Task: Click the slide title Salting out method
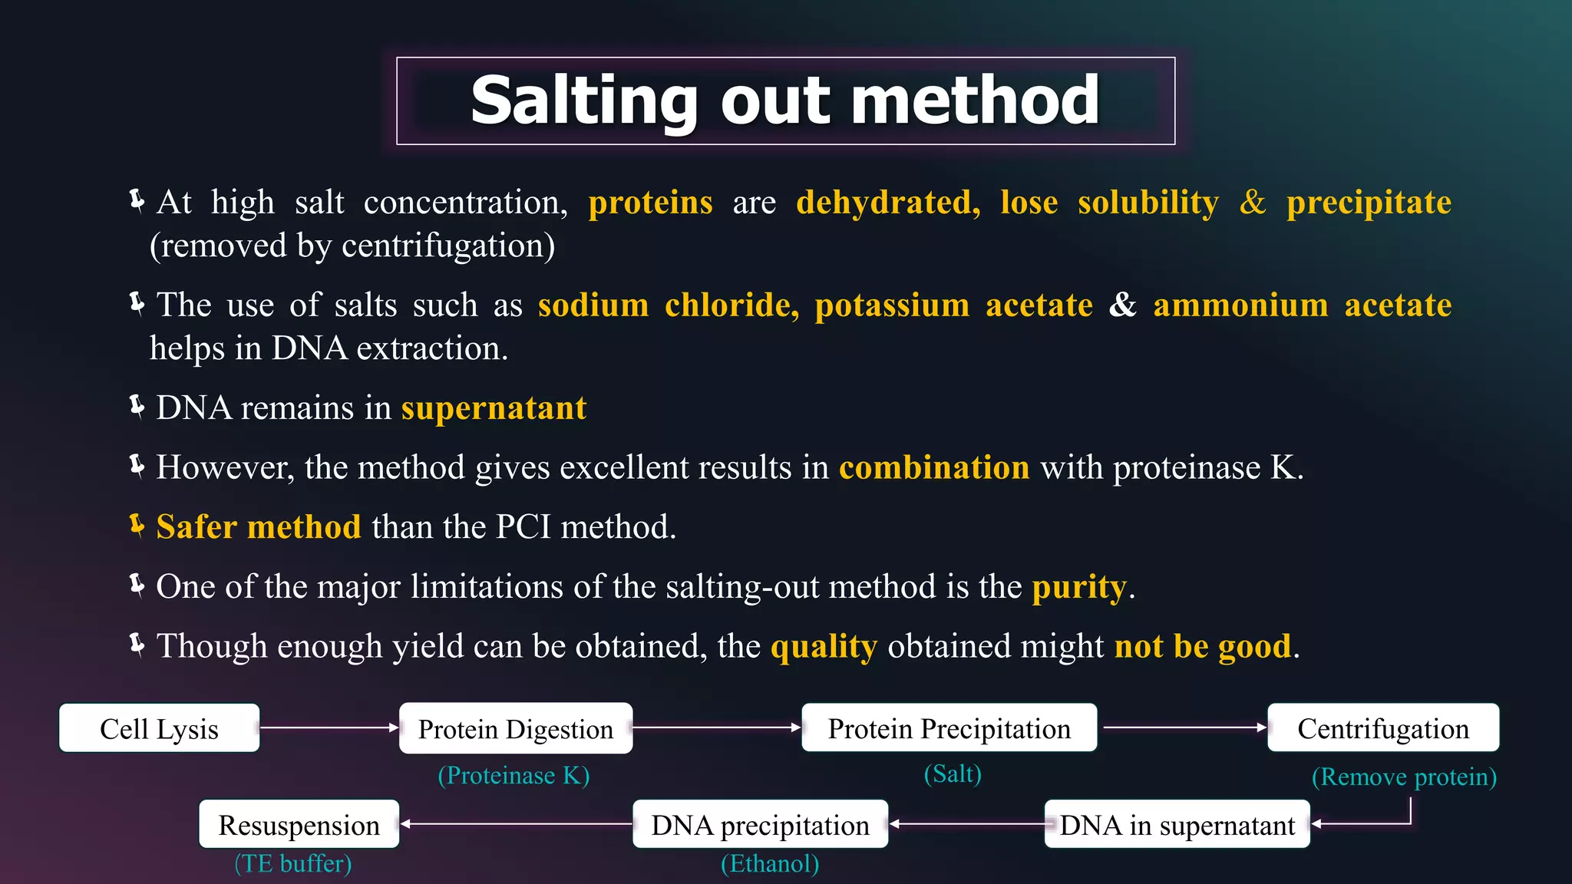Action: [785, 101]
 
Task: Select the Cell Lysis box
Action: [160, 728]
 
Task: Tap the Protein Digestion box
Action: [516, 728]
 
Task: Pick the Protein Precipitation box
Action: [949, 727]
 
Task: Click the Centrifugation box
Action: [1383, 727]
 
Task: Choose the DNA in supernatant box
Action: [1177, 824]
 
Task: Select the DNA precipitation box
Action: [760, 824]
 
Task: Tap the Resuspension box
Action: [299, 824]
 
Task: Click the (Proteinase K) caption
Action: [514, 775]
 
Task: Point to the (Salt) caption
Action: [953, 773]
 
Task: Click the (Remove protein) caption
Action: [1404, 777]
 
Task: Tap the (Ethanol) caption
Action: [770, 863]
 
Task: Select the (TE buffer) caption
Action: [293, 863]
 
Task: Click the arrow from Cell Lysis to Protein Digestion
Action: [329, 727]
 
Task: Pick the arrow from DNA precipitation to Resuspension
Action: [516, 823]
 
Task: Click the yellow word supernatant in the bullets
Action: [494, 408]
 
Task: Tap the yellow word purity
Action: [1078, 587]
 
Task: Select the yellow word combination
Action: [934, 467]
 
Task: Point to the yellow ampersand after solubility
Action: [1253, 203]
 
